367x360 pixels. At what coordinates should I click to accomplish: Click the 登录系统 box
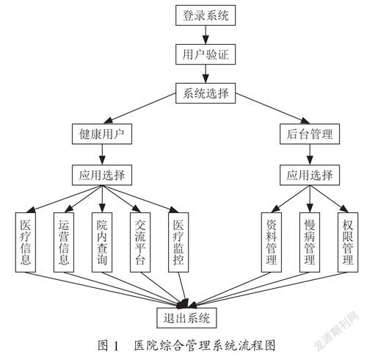tap(206, 15)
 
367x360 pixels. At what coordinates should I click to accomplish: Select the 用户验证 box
tap(206, 54)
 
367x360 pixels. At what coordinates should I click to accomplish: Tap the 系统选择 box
tap(206, 93)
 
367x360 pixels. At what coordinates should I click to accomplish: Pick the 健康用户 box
tap(102, 134)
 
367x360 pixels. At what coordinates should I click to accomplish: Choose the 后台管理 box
tap(310, 134)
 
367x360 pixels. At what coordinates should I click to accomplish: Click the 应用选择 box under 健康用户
tap(102, 175)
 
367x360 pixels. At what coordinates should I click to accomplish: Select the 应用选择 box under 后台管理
tap(310, 175)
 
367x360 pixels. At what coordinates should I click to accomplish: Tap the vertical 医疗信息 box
tap(26, 242)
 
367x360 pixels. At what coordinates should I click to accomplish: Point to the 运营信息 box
tap(64, 242)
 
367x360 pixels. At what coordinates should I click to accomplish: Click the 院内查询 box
tap(102, 242)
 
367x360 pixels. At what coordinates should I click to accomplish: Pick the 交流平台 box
tap(140, 242)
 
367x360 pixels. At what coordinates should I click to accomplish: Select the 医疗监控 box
tap(178, 242)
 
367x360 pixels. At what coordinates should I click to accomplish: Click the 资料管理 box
tap(272, 242)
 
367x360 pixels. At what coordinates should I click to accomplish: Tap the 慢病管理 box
tap(310, 242)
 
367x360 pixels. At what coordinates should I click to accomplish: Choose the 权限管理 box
tap(348, 242)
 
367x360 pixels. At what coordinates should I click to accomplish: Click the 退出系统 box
tap(186, 318)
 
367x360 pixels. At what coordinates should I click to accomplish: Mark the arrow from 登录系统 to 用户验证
tap(206, 35)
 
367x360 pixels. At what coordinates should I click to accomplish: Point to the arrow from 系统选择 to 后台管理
tap(272, 109)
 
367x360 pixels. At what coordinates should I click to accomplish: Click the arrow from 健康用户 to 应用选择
tap(102, 154)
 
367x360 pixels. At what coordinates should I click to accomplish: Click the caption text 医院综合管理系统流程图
tap(205, 345)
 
